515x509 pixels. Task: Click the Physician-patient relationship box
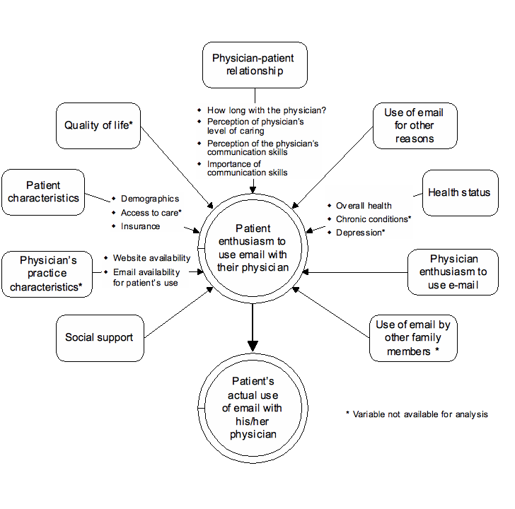pos(254,64)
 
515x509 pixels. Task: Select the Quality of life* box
pos(98,126)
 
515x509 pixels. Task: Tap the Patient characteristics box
pos(43,192)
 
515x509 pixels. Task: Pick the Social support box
pos(99,338)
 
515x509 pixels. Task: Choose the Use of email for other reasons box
pos(415,126)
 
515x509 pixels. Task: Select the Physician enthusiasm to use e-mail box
pos(453,272)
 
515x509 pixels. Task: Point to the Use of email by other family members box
pos(413,338)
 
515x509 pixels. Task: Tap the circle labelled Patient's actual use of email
pos(253,408)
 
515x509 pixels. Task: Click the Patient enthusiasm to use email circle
pos(253,248)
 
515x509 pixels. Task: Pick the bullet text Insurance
pos(140,226)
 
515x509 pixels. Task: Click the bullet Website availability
pos(151,258)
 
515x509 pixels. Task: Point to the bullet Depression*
pos(360,233)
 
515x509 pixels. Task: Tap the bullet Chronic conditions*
pos(373,219)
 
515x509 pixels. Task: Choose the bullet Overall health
pos(364,206)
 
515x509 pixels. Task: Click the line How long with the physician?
pos(266,110)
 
